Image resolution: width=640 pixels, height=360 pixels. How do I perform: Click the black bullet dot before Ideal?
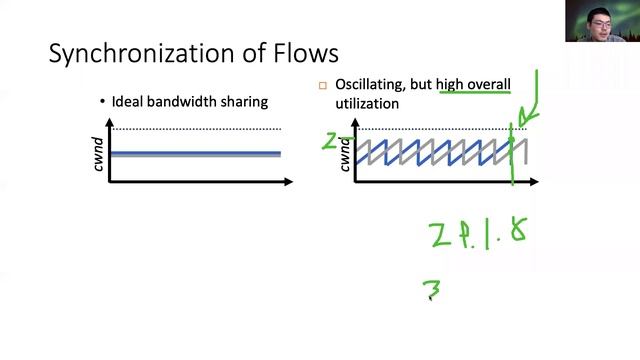coord(103,101)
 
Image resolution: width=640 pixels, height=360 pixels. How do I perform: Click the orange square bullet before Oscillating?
coord(323,86)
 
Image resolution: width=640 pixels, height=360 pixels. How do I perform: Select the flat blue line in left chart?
coord(195,153)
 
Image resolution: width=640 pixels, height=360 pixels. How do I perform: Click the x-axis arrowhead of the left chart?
coord(289,182)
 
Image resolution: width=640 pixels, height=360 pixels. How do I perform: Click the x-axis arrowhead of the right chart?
coord(538,182)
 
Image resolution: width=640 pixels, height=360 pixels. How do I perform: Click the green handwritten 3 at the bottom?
coord(433,291)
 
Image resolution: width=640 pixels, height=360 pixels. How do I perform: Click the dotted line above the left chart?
coord(195,129)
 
